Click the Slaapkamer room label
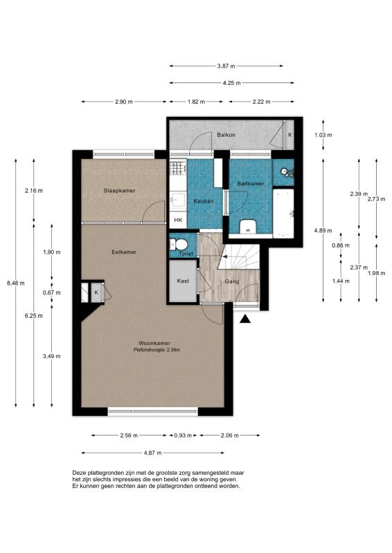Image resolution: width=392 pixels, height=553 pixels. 120,191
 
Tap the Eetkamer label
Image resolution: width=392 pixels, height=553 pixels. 124,252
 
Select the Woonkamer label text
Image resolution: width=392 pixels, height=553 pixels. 154,343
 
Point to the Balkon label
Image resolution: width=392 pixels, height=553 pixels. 226,135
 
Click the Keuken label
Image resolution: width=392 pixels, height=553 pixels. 204,201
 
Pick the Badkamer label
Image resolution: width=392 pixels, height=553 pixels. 251,184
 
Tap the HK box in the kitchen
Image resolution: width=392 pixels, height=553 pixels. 178,220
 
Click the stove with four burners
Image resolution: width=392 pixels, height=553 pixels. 178,167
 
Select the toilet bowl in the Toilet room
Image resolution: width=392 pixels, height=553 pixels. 179,244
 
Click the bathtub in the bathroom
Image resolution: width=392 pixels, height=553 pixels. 283,213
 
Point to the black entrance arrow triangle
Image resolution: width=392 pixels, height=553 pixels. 245,319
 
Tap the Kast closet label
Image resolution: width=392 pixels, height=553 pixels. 183,281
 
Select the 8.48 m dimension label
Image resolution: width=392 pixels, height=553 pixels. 15,283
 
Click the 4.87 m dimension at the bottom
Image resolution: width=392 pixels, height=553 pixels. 152,453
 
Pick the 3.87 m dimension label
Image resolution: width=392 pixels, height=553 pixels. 226,66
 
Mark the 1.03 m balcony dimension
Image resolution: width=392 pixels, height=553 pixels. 323,135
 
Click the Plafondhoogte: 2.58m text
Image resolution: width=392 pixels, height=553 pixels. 157,350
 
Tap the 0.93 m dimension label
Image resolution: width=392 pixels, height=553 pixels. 183,435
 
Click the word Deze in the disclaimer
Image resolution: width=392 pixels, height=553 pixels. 79,473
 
